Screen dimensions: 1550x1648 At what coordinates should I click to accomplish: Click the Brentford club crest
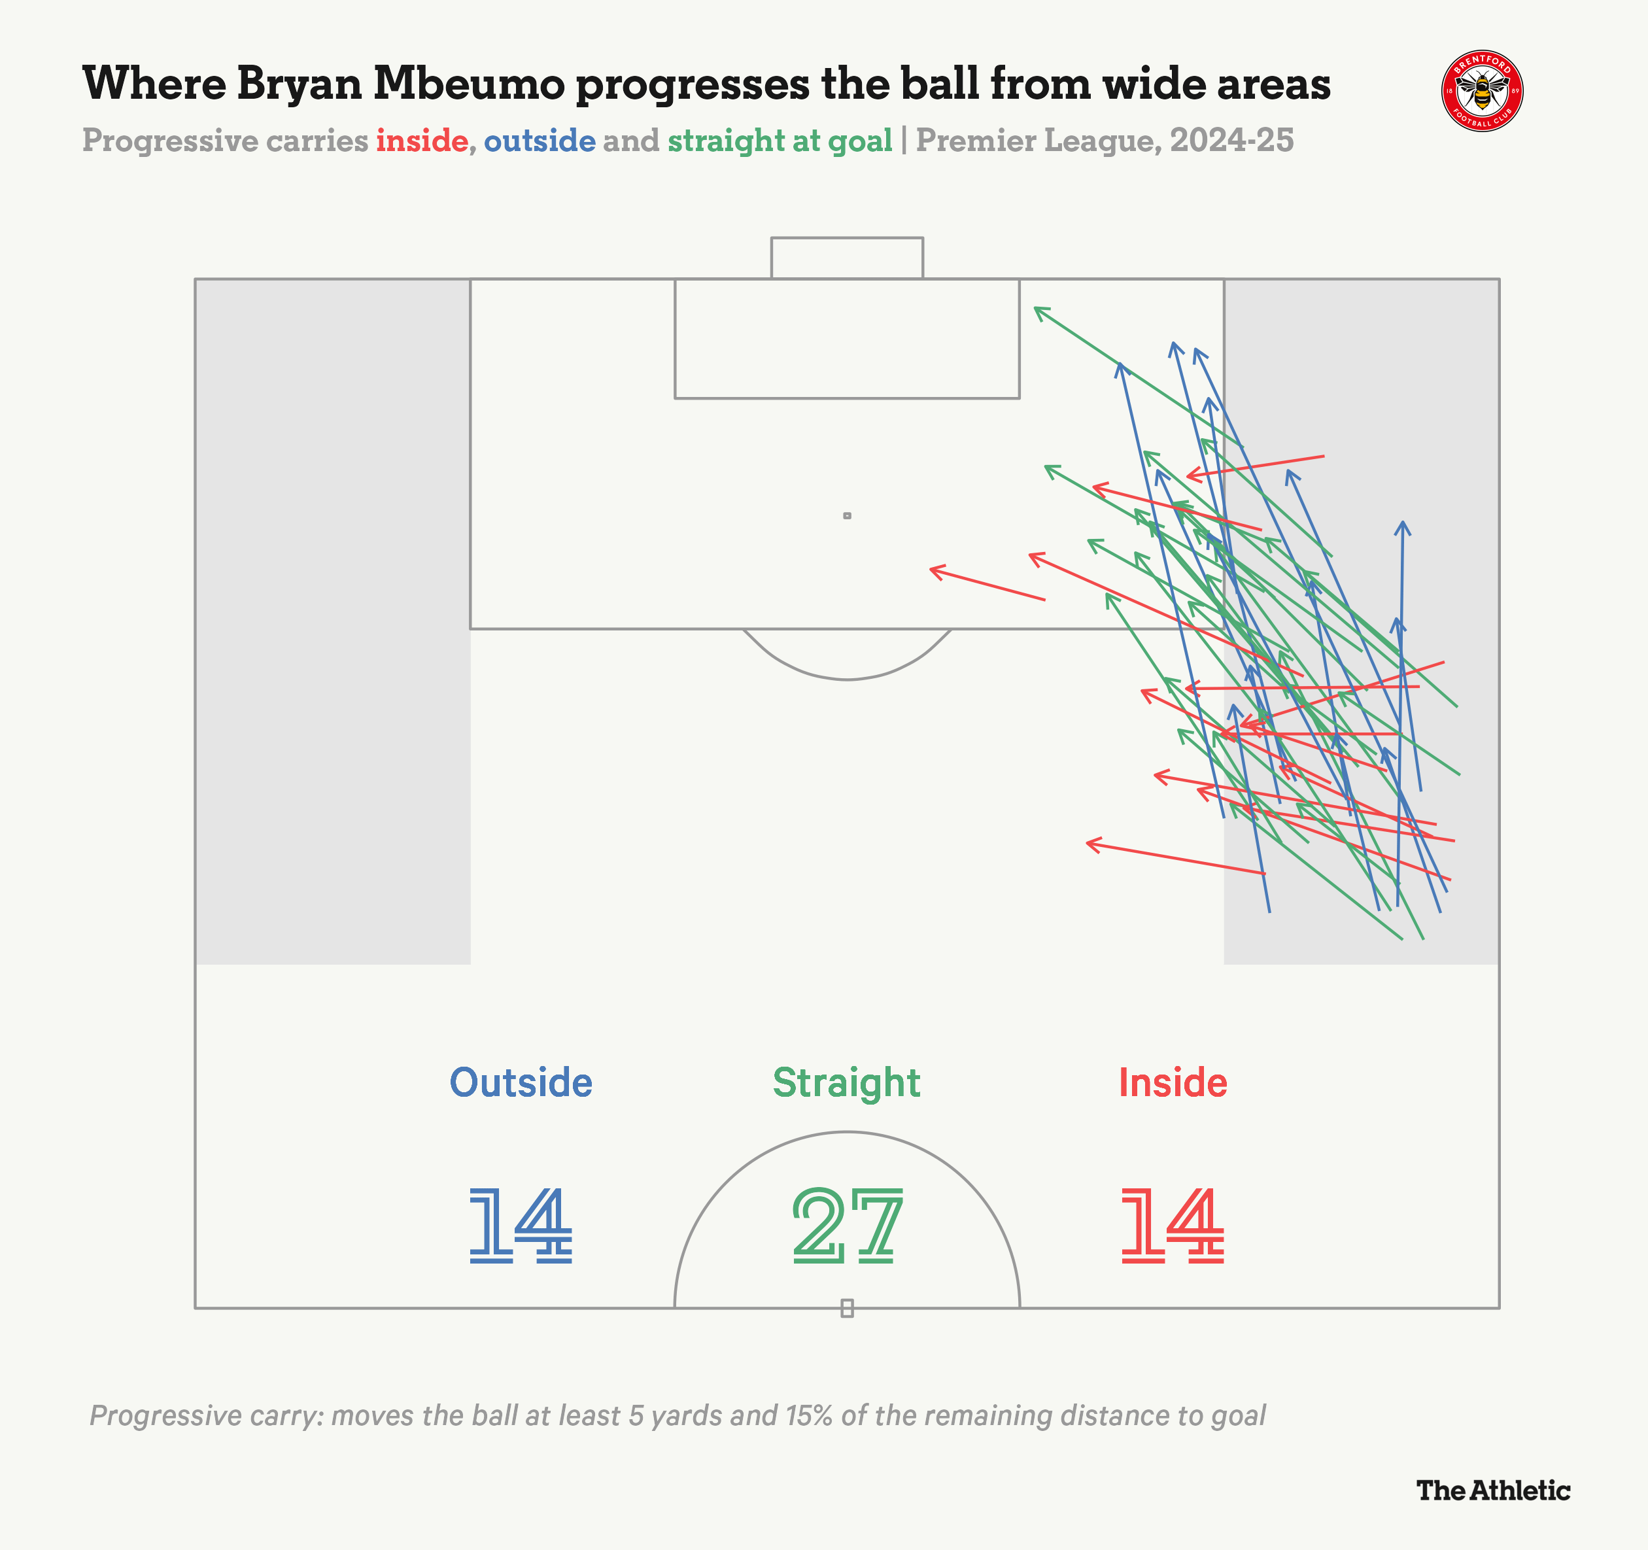[x=1482, y=90]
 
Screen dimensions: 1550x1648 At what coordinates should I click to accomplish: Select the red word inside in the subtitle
[x=422, y=141]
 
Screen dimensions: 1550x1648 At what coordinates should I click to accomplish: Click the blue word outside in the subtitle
[x=540, y=141]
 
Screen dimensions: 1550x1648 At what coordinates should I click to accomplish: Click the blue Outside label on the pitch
[x=521, y=1082]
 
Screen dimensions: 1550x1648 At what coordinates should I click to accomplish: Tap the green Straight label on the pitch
[x=846, y=1082]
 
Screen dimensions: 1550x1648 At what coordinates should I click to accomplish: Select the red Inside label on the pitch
[x=1172, y=1082]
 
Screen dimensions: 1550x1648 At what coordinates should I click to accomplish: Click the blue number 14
[x=521, y=1225]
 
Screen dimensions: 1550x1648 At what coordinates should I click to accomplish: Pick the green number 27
[x=846, y=1225]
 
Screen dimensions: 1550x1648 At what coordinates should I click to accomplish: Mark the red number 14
[x=1172, y=1225]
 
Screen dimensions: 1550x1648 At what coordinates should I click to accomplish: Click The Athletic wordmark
[x=1493, y=1490]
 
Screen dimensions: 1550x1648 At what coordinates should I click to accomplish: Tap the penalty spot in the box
[x=847, y=515]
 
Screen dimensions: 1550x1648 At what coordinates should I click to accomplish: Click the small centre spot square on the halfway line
[x=847, y=1308]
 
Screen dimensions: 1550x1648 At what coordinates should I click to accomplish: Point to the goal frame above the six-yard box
[x=846, y=258]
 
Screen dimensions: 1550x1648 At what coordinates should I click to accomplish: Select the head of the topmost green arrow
[x=1037, y=309]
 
